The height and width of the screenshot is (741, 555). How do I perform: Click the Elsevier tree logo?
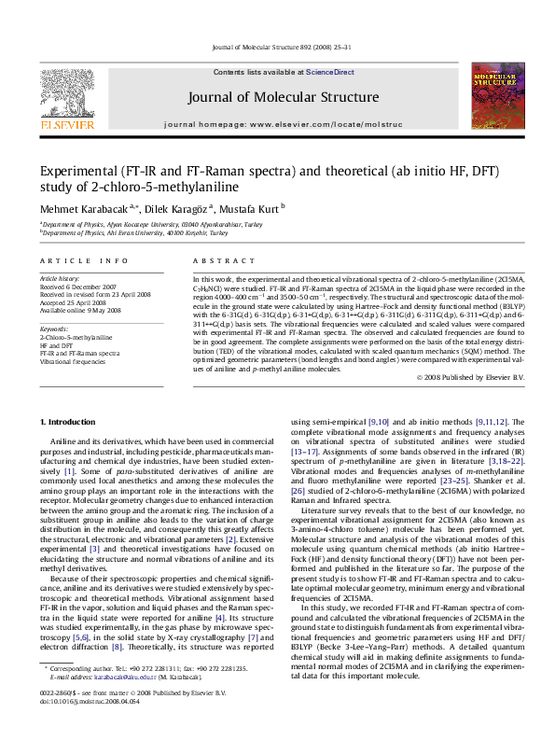coord(66,91)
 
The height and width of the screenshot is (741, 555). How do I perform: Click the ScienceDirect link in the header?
coord(324,71)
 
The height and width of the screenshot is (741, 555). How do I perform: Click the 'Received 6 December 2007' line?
coord(77,287)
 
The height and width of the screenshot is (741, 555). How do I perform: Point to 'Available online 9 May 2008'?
coord(80,310)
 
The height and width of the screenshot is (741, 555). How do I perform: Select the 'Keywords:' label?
coord(54,329)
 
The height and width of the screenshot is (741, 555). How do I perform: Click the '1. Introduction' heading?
coord(69,423)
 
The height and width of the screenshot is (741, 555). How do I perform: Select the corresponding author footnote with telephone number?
coord(149,695)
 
